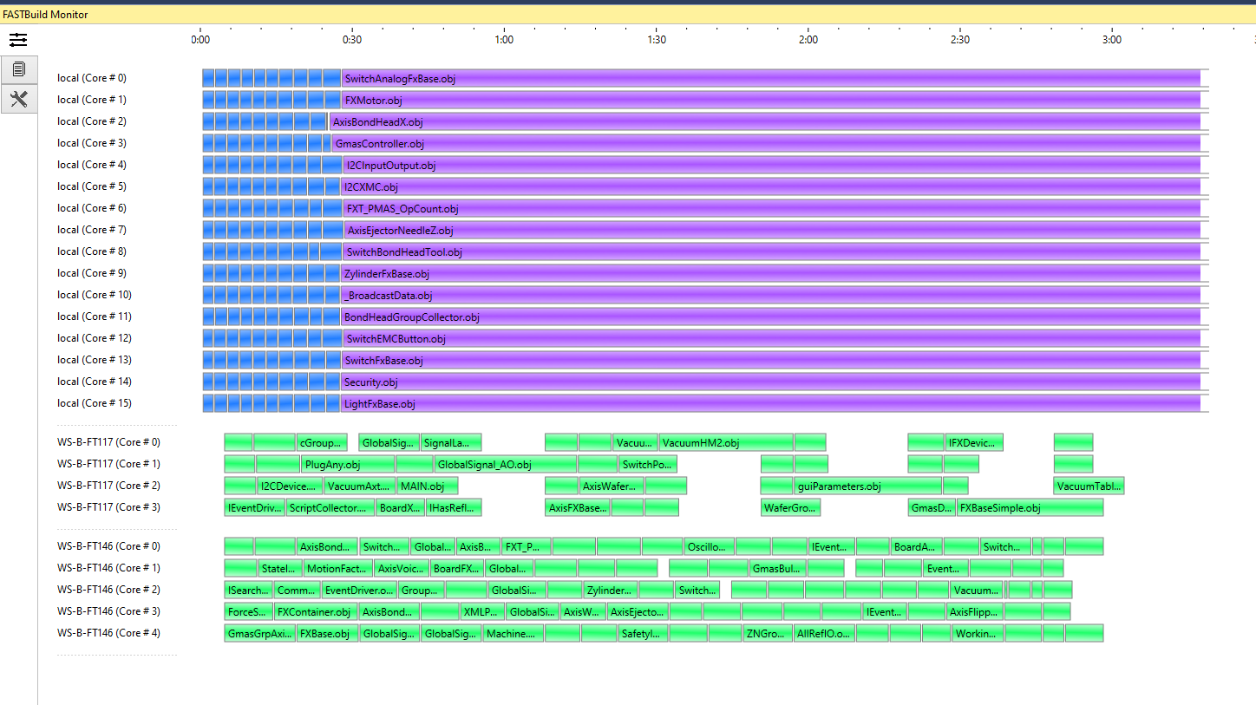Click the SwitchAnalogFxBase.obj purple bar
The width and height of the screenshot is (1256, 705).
click(x=770, y=79)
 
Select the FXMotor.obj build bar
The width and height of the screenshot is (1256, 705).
click(x=770, y=101)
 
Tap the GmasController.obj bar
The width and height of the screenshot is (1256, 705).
click(x=765, y=144)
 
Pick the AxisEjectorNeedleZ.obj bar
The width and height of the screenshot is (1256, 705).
click(x=772, y=231)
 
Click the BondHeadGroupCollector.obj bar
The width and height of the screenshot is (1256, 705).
click(x=770, y=317)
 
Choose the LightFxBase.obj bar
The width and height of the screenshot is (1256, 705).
click(x=770, y=404)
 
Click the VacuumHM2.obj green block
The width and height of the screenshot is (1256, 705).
click(x=726, y=443)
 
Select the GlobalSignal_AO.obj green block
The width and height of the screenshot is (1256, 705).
click(x=506, y=465)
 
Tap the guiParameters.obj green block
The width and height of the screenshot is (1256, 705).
click(x=867, y=486)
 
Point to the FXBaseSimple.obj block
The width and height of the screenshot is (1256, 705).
click(x=1030, y=508)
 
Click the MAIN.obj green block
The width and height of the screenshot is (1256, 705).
click(x=428, y=486)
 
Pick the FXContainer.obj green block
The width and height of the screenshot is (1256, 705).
click(x=315, y=612)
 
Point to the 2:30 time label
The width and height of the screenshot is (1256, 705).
click(x=960, y=39)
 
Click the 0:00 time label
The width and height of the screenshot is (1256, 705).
click(x=200, y=39)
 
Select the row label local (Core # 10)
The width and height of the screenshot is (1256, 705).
click(x=95, y=295)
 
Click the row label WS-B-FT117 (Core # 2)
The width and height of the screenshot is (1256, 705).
click(x=108, y=486)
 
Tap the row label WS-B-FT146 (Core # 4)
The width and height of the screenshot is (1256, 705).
click(x=108, y=633)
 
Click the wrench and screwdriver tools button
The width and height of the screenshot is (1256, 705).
click(x=18, y=99)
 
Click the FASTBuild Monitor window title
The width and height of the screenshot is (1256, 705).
click(x=45, y=15)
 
